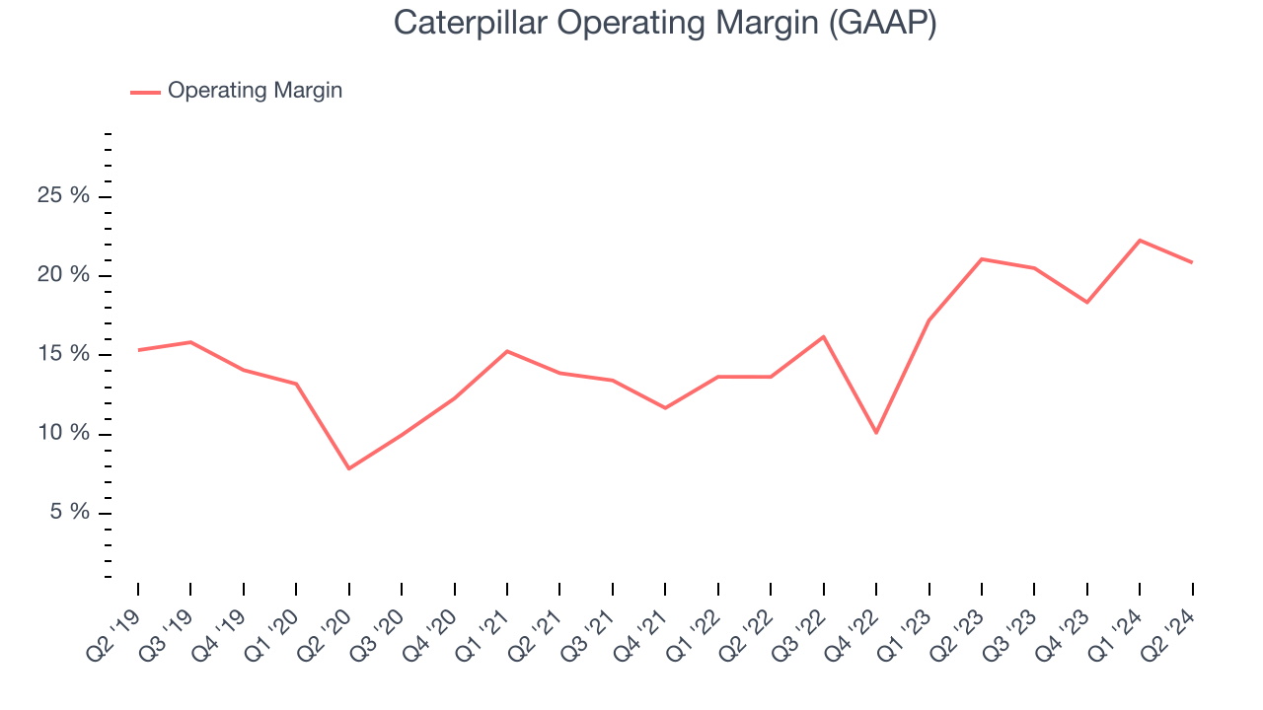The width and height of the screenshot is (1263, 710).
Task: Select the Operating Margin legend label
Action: coord(255,91)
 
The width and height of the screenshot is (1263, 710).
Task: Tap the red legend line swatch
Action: coord(145,92)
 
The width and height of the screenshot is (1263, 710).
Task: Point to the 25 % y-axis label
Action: coord(63,196)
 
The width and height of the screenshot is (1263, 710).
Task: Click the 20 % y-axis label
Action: coord(63,275)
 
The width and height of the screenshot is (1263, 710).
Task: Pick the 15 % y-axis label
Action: coord(63,355)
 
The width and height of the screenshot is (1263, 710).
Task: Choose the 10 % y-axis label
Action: coord(63,434)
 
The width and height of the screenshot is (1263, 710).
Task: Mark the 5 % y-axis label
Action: coord(68,513)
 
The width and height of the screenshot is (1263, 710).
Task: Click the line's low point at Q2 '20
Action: coord(348,468)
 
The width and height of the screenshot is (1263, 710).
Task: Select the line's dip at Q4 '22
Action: coord(875,433)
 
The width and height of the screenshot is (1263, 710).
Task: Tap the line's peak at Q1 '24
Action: coord(1140,240)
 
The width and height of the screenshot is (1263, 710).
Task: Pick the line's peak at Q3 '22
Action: coord(823,336)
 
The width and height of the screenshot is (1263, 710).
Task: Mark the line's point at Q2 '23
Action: coord(981,258)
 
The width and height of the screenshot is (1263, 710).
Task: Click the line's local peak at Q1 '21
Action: coord(506,351)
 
